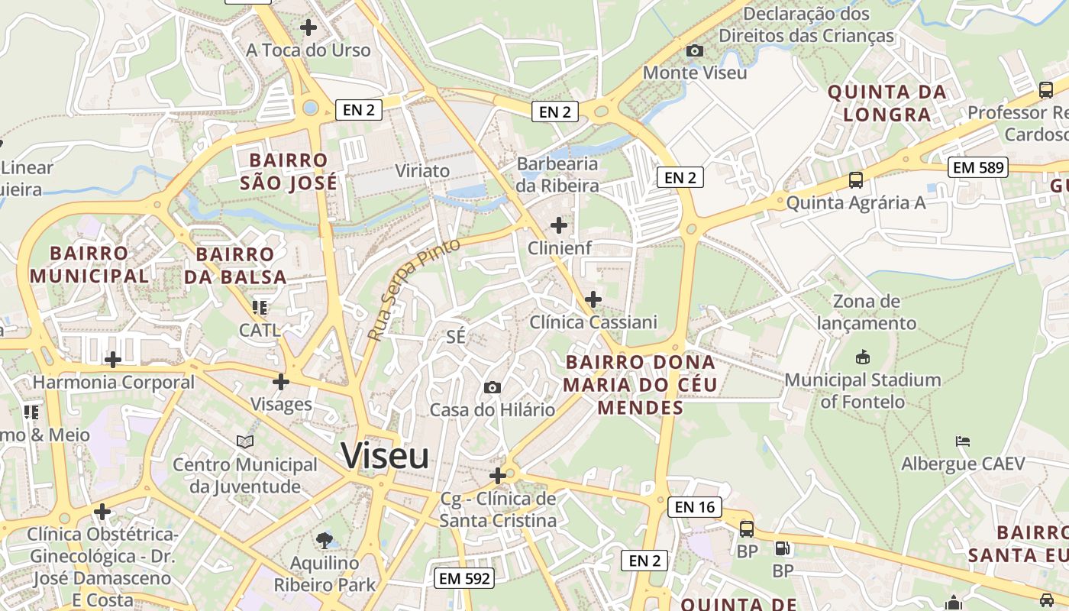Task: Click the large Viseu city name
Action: tap(385, 456)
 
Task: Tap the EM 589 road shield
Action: tap(978, 167)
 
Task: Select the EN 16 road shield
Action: tap(695, 506)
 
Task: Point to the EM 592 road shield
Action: tap(464, 578)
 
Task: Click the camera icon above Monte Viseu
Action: tap(695, 50)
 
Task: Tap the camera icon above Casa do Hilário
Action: tap(493, 387)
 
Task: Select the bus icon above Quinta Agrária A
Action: tap(856, 181)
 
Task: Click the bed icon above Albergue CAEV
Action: tap(963, 441)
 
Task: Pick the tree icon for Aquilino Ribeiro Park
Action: tap(325, 541)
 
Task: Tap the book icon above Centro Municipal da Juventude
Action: tap(245, 441)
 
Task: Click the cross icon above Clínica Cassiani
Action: tap(593, 299)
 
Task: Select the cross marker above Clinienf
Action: tap(559, 225)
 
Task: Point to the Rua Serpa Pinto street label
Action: tap(413, 289)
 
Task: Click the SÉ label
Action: tap(456, 337)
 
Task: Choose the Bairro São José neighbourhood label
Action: tap(289, 172)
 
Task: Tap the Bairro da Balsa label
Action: tap(235, 265)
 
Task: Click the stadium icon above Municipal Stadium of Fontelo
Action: tap(863, 357)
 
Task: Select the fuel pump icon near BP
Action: tap(782, 548)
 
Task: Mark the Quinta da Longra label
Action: tap(887, 103)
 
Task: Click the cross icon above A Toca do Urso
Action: tap(308, 27)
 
